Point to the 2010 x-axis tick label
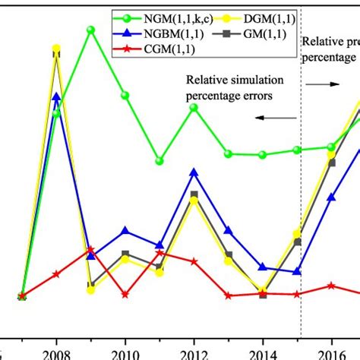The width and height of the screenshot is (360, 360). (x=125, y=353)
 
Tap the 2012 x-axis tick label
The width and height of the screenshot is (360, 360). (x=194, y=353)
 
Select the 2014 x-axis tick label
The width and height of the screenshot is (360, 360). (x=263, y=353)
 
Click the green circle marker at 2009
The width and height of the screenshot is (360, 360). (x=90, y=30)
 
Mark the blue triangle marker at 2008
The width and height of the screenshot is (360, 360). (x=56, y=96)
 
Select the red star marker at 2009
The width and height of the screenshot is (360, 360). (x=90, y=250)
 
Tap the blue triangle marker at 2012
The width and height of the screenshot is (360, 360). (x=194, y=172)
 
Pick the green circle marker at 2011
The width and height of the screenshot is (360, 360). (x=159, y=161)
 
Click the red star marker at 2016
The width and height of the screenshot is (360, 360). (x=331, y=286)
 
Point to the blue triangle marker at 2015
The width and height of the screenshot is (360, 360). (x=298, y=270)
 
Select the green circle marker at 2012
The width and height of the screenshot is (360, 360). (x=194, y=108)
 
